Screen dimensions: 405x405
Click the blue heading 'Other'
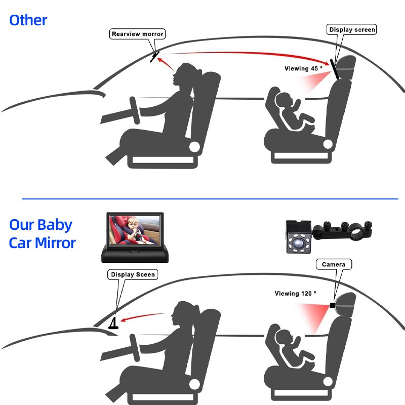tap(28, 20)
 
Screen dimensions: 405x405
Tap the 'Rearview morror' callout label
tap(137, 34)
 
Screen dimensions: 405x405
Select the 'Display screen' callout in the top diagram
tap(352, 29)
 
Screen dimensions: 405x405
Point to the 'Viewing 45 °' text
tap(303, 68)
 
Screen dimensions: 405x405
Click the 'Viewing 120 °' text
tap(295, 294)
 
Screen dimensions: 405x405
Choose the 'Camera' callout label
tap(334, 264)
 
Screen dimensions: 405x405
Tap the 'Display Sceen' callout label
tap(133, 274)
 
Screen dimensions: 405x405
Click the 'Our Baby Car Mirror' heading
tap(42, 234)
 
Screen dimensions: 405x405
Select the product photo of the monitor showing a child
tap(135, 237)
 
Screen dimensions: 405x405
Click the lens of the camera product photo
tap(299, 243)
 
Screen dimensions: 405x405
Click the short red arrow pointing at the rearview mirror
tap(166, 64)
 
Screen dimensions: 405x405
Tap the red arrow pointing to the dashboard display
tap(143, 317)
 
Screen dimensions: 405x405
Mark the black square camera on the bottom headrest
tap(333, 306)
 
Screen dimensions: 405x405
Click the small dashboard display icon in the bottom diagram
tap(113, 323)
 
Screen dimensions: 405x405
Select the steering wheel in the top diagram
tap(135, 110)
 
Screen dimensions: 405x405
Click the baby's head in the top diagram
tap(283, 101)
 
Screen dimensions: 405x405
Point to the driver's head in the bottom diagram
tap(184, 313)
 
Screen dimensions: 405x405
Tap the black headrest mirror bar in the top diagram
tap(334, 69)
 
